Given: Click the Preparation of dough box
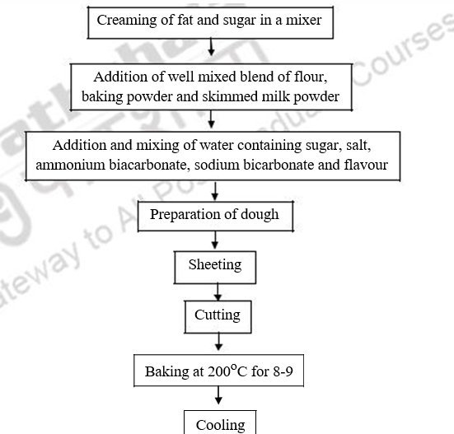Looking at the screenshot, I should [x=214, y=216].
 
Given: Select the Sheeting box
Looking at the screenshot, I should [x=214, y=265].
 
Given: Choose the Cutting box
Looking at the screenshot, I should [x=217, y=315].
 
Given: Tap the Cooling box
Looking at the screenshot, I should [x=220, y=424].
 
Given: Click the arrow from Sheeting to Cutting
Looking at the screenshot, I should [x=217, y=291].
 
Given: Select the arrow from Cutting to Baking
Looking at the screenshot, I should [x=217, y=343].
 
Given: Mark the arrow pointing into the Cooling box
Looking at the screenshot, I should [x=218, y=397].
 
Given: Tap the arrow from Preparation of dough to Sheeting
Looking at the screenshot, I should [x=215, y=240].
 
